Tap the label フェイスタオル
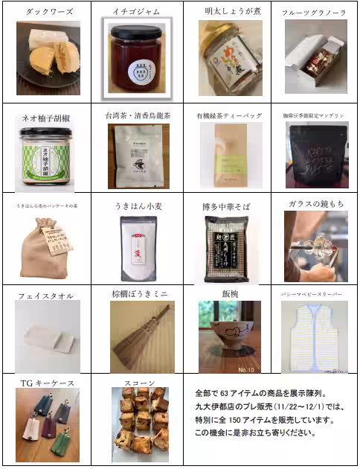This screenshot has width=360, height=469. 46,296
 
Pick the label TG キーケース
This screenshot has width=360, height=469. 46,383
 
